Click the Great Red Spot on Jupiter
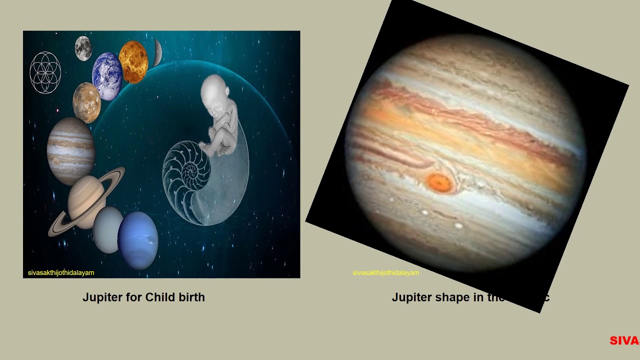tap(439, 183)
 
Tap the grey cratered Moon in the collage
tap(83, 48)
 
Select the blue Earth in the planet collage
tap(107, 76)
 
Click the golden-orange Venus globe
tap(133, 62)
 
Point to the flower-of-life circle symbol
tap(45, 72)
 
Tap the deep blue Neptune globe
tap(138, 240)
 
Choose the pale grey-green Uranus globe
tap(108, 229)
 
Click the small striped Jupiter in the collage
tap(71, 150)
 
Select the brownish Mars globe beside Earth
tap(86, 102)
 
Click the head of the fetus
tap(215, 90)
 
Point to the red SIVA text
tap(624, 341)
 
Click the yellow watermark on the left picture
tap(61, 273)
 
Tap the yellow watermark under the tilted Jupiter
tap(386, 273)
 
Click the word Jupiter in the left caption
tap(102, 297)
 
